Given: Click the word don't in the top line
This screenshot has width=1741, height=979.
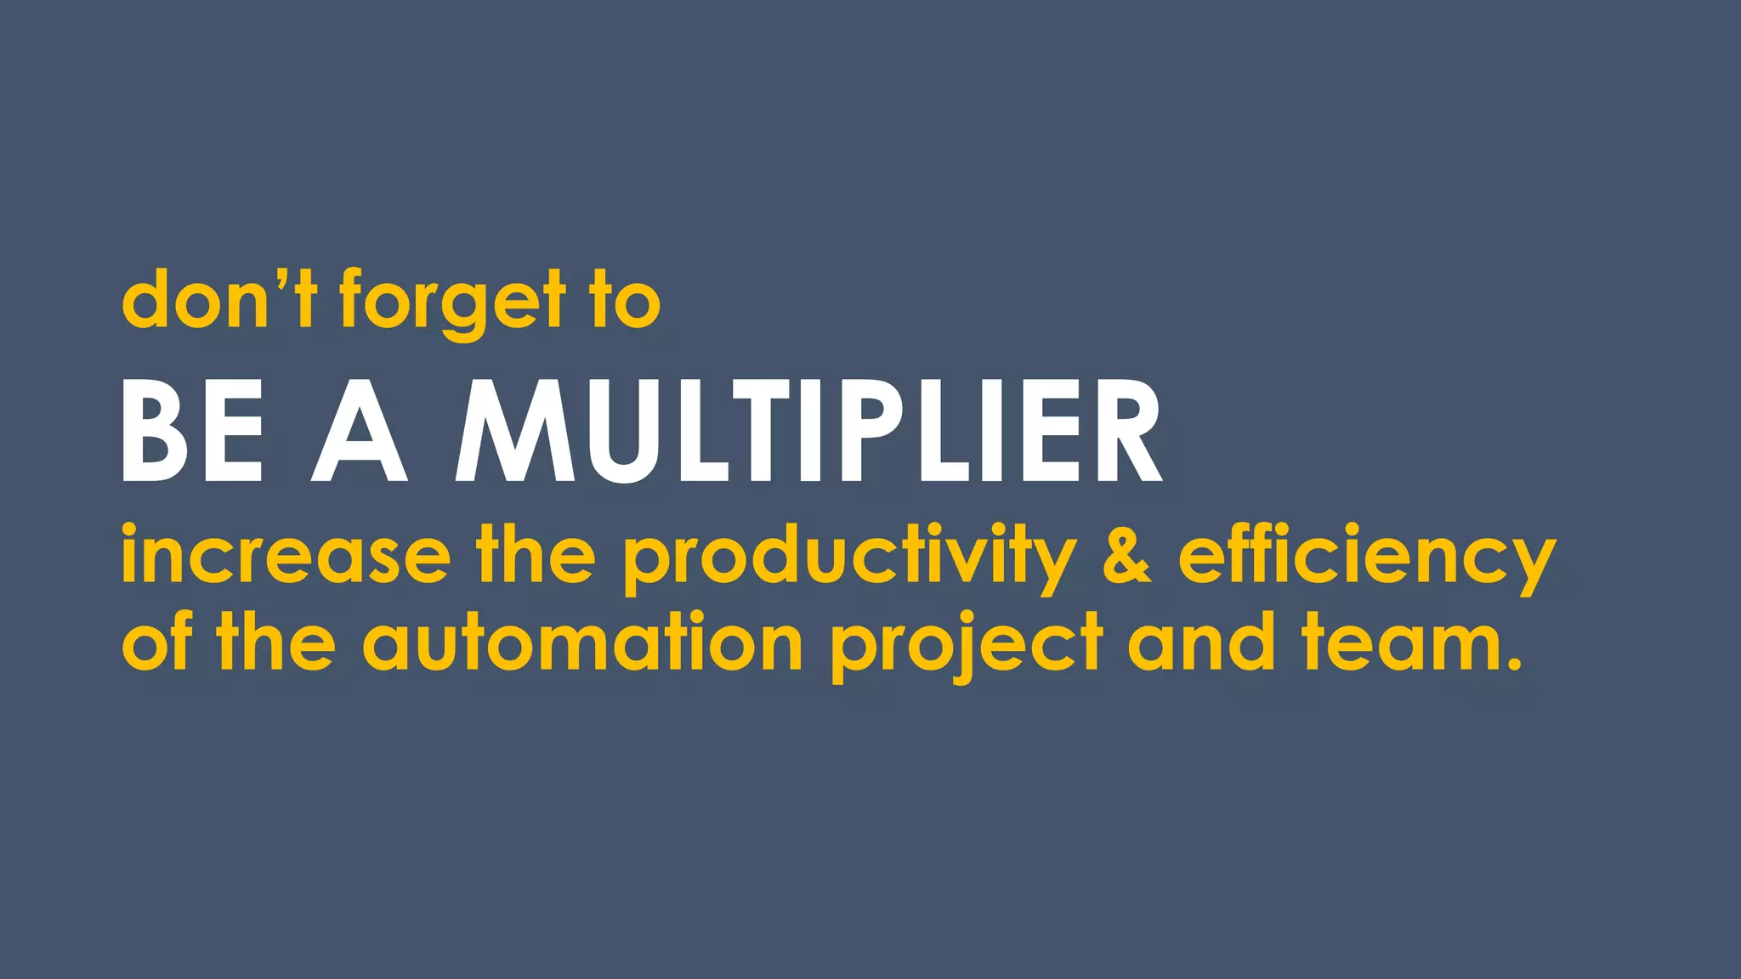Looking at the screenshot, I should pos(219,299).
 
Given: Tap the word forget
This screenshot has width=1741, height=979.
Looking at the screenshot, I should pos(452,302).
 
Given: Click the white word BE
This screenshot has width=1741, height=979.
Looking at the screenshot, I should pos(193,432).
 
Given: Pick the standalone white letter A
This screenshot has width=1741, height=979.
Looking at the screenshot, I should pos(359,432).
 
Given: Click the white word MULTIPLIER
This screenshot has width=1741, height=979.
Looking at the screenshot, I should pos(808,432).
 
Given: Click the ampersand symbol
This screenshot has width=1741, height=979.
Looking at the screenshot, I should pos(1126,556).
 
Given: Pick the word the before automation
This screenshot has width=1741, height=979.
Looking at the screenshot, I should pos(275,641).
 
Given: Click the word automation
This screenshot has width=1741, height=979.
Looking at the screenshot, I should pos(582,642).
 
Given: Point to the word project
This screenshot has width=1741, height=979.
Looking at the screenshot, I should pos(967,646).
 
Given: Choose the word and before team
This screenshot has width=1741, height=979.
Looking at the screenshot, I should pos(1200,642).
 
